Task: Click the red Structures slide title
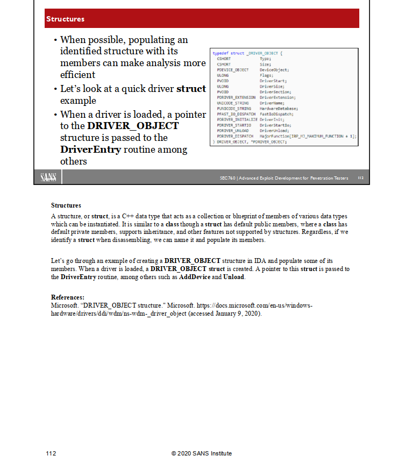(x=65, y=19)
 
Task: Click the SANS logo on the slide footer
(x=48, y=177)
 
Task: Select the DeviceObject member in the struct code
(x=274, y=70)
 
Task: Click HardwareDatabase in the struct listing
(x=279, y=109)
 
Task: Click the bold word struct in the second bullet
(x=191, y=89)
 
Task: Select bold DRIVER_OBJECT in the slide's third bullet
(x=133, y=126)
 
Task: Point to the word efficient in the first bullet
(x=77, y=75)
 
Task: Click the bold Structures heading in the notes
(x=66, y=205)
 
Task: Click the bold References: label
(x=67, y=297)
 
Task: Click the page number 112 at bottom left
(x=51, y=453)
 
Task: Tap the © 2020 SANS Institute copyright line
(x=202, y=453)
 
